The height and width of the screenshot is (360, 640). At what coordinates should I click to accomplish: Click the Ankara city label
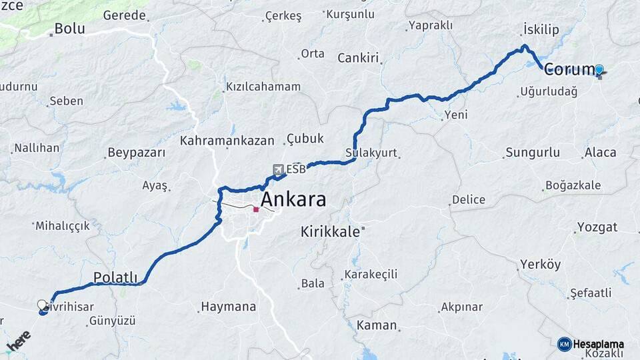click(293, 199)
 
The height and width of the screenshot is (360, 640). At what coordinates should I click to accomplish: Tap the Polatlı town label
click(115, 277)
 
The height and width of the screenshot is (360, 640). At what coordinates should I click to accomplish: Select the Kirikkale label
click(330, 232)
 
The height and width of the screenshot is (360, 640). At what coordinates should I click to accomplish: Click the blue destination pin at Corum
click(599, 70)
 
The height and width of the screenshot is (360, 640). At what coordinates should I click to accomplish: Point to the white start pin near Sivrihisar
click(43, 305)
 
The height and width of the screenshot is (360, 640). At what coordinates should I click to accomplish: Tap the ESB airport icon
click(278, 169)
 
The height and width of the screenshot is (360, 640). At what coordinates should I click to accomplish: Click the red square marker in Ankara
click(256, 209)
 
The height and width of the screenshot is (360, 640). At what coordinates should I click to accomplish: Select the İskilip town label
click(541, 30)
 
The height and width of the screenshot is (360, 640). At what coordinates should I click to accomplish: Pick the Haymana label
click(229, 307)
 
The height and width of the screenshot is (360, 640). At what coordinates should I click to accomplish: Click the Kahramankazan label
click(227, 141)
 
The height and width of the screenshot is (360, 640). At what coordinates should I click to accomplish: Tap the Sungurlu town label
click(533, 153)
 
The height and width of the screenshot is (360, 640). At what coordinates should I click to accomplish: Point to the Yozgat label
click(597, 227)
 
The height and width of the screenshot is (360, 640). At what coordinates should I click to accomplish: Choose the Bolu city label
click(69, 29)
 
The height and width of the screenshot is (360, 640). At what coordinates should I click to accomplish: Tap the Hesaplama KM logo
click(590, 344)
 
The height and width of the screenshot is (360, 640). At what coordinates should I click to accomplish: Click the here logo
click(19, 341)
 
